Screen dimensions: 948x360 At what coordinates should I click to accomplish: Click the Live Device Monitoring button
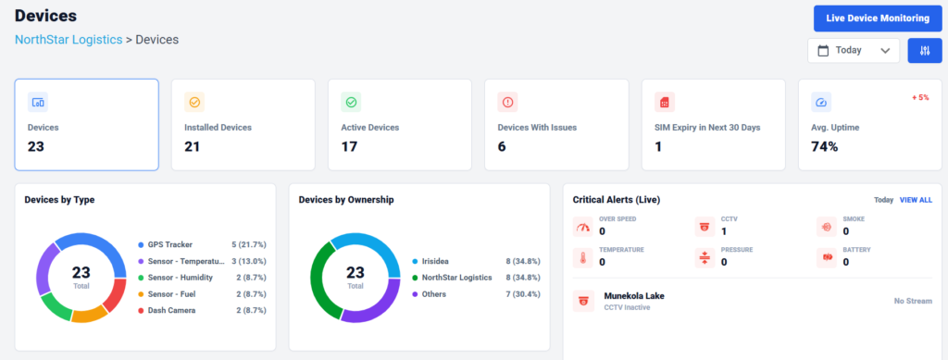pos(878,19)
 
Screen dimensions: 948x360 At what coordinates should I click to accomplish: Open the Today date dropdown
pos(853,51)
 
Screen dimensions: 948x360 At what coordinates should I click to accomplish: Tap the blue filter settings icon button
pos(925,51)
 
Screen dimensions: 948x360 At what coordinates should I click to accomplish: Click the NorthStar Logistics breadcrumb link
pos(69,40)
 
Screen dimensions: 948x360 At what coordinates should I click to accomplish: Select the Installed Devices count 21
pos(193,146)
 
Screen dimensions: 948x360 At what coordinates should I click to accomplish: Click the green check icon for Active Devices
pos(351,102)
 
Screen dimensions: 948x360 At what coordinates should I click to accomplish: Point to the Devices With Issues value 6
pos(502,146)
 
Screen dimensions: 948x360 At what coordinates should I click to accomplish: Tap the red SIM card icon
pos(665,102)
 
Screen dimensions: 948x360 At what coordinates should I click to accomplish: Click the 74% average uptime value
pos(825,146)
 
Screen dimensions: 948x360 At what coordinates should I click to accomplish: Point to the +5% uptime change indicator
pos(920,97)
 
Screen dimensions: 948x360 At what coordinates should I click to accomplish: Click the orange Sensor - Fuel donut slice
pos(89,315)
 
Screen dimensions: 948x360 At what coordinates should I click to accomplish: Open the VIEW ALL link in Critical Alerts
pos(916,200)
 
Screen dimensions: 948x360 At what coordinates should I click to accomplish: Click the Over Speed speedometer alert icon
pos(583,227)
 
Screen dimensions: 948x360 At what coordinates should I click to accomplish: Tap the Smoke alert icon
pos(827,227)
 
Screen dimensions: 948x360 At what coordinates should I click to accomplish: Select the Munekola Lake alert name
pos(634,296)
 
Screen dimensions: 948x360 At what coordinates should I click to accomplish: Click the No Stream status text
pos(913,301)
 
